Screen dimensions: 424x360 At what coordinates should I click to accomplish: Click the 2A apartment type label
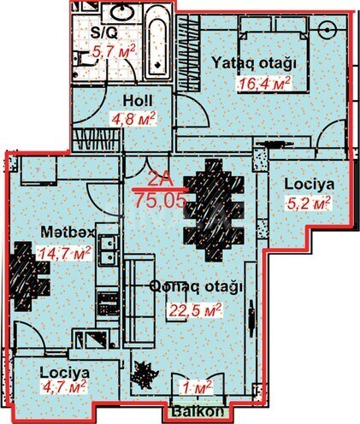[x=159, y=181]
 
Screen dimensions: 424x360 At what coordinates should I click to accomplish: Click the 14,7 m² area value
[x=65, y=252]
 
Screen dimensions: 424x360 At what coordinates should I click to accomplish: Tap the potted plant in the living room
[x=144, y=374]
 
